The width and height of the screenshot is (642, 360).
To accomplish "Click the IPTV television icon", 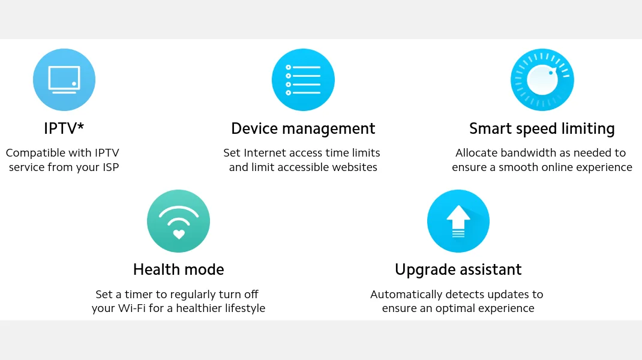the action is click(64, 80).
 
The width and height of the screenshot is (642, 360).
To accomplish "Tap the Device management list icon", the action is click(303, 80).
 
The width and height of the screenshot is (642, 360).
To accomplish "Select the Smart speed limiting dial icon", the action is click(542, 80).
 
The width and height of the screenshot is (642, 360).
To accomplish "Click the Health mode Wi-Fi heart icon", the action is click(179, 221).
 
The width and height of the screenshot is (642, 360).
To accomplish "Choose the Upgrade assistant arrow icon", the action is click(458, 221).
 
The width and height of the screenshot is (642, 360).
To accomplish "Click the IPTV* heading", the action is click(64, 128).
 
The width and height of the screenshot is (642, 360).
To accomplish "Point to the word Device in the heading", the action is click(255, 128).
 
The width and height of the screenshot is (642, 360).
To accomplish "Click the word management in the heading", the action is click(329, 130).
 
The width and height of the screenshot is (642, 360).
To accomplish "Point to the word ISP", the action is click(110, 167).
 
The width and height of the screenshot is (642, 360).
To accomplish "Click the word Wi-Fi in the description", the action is click(132, 308).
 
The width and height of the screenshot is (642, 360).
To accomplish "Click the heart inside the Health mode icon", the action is click(179, 234).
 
